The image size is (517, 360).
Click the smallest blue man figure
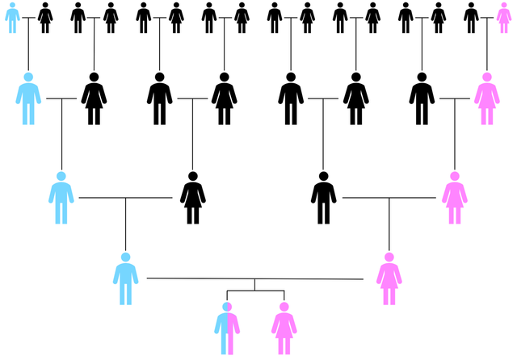point(12,18)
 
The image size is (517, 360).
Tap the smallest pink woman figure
point(503,18)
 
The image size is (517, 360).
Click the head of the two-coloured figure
point(227,307)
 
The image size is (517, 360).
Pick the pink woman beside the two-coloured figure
point(284,329)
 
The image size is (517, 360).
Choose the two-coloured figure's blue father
point(125,279)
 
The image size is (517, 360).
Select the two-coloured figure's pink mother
point(389,279)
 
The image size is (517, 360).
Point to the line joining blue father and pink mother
point(254,278)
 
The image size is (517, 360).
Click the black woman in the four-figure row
point(192,199)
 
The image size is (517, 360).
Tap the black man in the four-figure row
point(323,199)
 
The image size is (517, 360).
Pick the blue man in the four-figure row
point(61,199)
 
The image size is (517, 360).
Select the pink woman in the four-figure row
point(454,199)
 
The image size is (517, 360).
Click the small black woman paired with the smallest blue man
point(45,18)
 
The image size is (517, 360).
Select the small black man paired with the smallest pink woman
point(471,18)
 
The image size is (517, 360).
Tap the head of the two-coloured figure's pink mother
point(389,257)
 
